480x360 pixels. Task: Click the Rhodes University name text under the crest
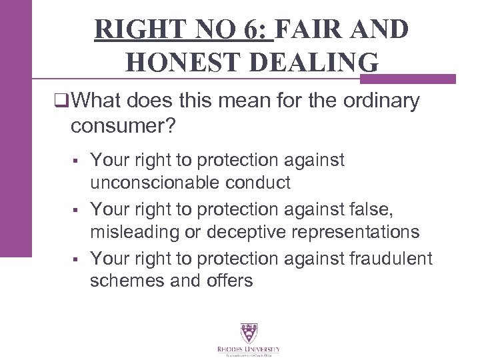click(248, 349)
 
